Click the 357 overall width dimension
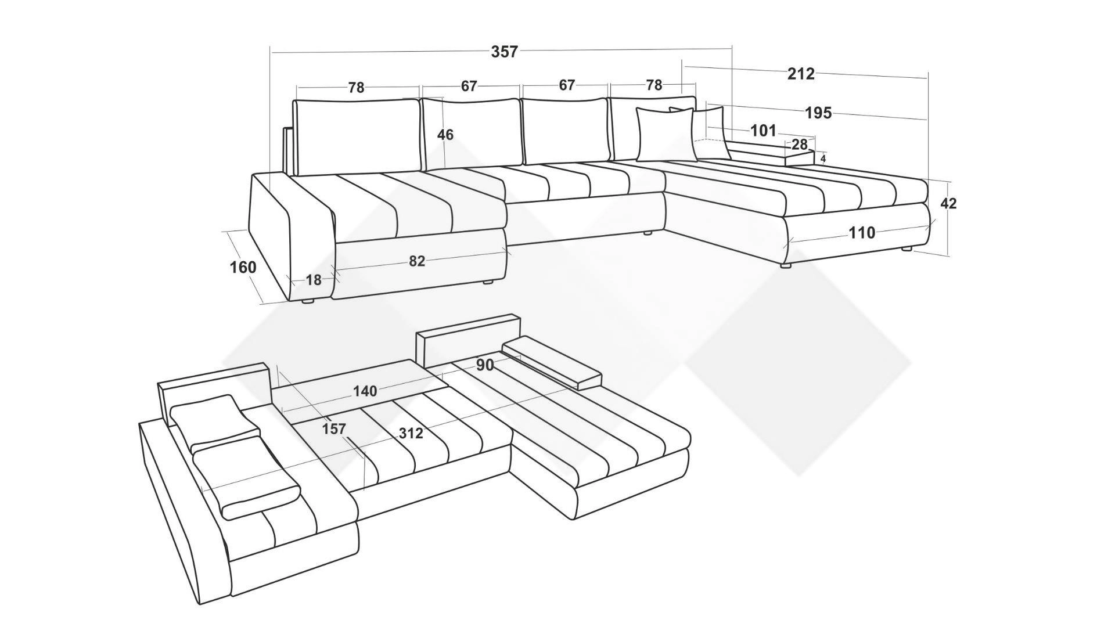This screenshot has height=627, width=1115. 504,52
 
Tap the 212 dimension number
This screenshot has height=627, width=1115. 801,74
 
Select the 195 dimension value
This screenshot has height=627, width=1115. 818,113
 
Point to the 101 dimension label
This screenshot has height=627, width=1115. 763,131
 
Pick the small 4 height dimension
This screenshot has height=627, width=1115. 823,158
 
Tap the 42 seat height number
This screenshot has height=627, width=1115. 948,204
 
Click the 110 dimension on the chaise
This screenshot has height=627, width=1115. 862,233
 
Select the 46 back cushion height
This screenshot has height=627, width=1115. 445,135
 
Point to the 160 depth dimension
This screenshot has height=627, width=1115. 243,268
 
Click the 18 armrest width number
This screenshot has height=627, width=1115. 313,280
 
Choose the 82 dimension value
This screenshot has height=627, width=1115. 417,261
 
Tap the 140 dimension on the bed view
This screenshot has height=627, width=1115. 365,391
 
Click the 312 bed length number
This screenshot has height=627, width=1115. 411,433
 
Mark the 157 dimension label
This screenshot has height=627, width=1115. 334,429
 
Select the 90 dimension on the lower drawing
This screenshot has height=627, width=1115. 485,365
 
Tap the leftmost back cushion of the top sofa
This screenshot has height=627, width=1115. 357,137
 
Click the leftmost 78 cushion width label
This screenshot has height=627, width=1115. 356,88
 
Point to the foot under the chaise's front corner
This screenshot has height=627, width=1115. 786,266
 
